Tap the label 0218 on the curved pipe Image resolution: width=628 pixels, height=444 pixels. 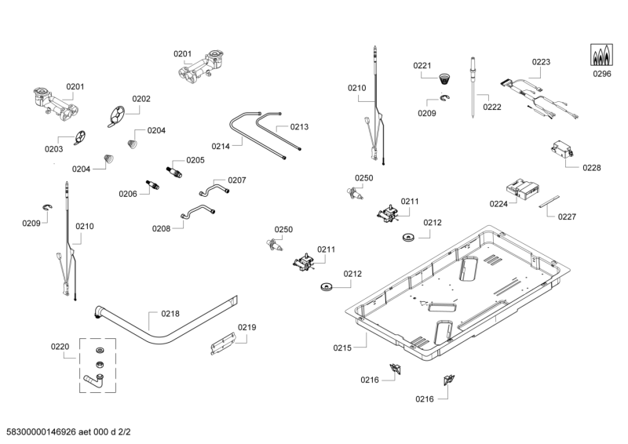(170, 313)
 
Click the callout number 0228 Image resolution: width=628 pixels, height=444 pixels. (591, 167)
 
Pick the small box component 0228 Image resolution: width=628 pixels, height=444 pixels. (563, 148)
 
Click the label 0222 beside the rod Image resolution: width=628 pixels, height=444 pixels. (492, 107)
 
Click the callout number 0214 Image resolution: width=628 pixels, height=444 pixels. (221, 146)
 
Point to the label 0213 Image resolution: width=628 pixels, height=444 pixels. (299, 126)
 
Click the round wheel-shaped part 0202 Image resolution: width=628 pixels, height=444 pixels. (116, 115)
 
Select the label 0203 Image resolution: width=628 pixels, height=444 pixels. (53, 148)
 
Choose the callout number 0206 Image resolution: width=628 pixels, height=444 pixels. (128, 194)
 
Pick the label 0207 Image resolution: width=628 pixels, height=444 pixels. (237, 180)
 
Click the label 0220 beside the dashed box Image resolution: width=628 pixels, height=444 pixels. (60, 346)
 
